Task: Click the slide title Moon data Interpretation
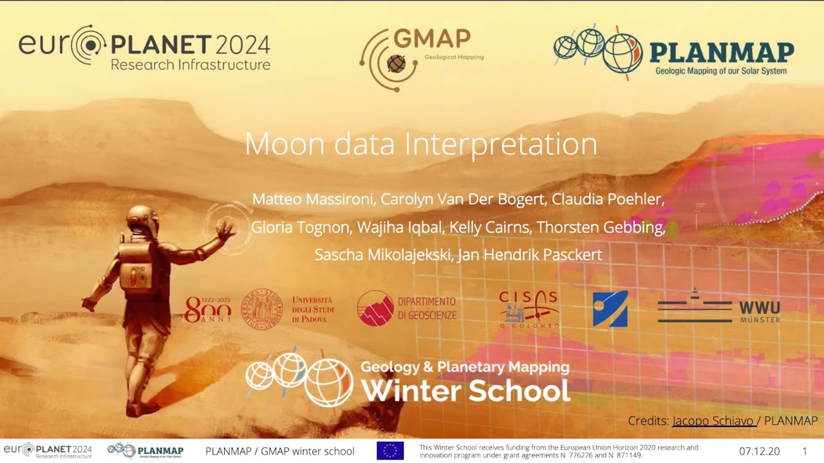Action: (x=421, y=144)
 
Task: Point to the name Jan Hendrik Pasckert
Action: (x=530, y=255)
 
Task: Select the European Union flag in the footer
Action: (x=390, y=451)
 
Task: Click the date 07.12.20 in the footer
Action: (x=759, y=451)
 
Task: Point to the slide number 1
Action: (x=805, y=451)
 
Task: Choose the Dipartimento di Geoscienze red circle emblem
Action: (x=375, y=308)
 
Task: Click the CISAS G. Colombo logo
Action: (x=529, y=309)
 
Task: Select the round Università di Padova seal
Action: (x=262, y=307)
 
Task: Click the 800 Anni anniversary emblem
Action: (x=207, y=309)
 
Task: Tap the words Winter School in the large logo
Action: (x=465, y=390)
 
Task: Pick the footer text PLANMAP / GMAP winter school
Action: (x=279, y=451)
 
